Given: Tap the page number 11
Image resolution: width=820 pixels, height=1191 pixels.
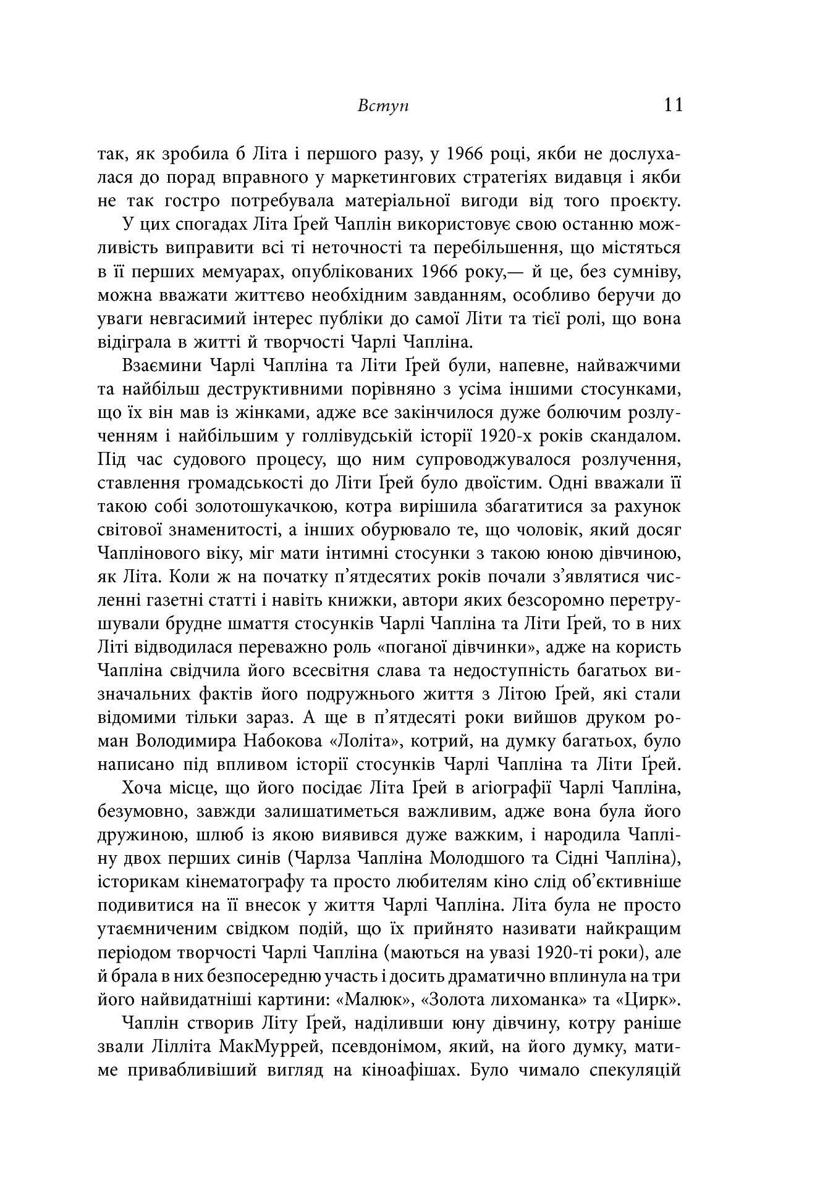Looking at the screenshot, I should pos(671,105).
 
